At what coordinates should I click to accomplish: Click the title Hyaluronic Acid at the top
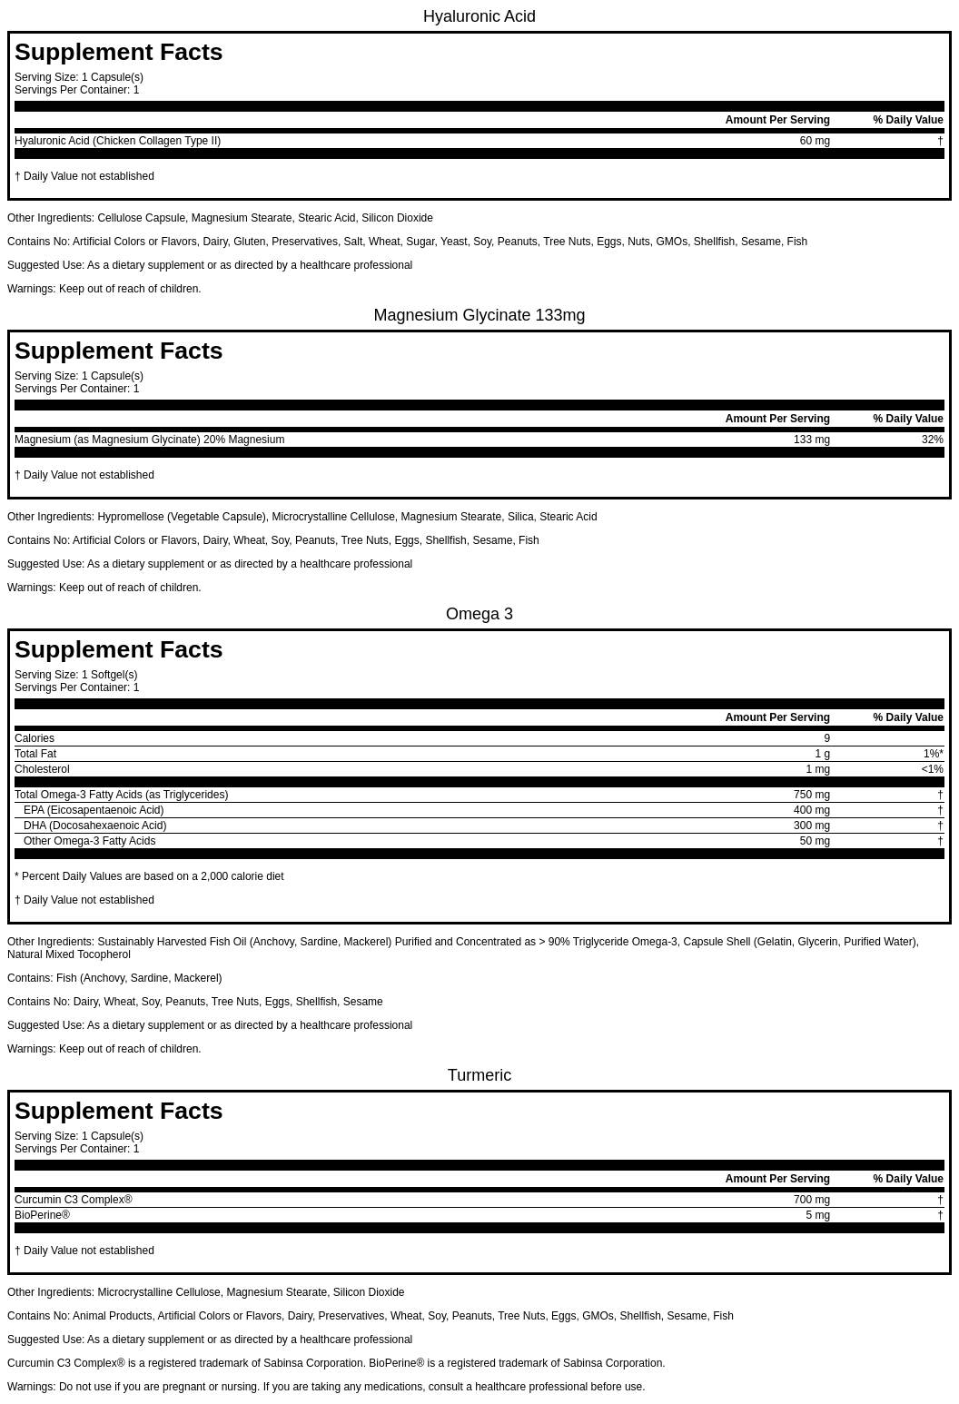pyautogui.click(x=479, y=16)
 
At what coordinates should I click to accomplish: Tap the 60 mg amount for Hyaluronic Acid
pyautogui.click(x=814, y=141)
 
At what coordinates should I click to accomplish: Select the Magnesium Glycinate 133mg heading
pyautogui.click(x=479, y=315)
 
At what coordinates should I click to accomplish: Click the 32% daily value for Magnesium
pyautogui.click(x=932, y=440)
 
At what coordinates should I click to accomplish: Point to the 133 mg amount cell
pyautogui.click(x=811, y=440)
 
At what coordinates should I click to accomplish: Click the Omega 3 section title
pyautogui.click(x=479, y=614)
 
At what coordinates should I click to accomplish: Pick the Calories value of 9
pyautogui.click(x=826, y=738)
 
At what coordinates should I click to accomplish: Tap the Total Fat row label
pyautogui.click(x=35, y=754)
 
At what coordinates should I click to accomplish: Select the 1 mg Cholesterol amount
pyautogui.click(x=817, y=769)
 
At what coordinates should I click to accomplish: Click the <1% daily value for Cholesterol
pyautogui.click(x=932, y=769)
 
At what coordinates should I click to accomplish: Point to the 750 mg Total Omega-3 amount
pyautogui.click(x=811, y=795)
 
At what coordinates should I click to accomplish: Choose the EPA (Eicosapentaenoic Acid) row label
pyautogui.click(x=94, y=810)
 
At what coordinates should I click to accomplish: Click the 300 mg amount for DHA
pyautogui.click(x=811, y=826)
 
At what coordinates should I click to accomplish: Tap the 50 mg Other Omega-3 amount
pyautogui.click(x=814, y=841)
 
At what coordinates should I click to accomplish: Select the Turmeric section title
pyautogui.click(x=479, y=1075)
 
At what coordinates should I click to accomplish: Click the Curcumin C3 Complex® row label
pyautogui.click(x=74, y=1200)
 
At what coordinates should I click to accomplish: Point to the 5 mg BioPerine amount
pyautogui.click(x=817, y=1215)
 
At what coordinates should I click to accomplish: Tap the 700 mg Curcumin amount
pyautogui.click(x=811, y=1200)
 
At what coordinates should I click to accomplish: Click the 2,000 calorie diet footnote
pyautogui.click(x=149, y=876)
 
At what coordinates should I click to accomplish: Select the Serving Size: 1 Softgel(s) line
pyautogui.click(x=76, y=675)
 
